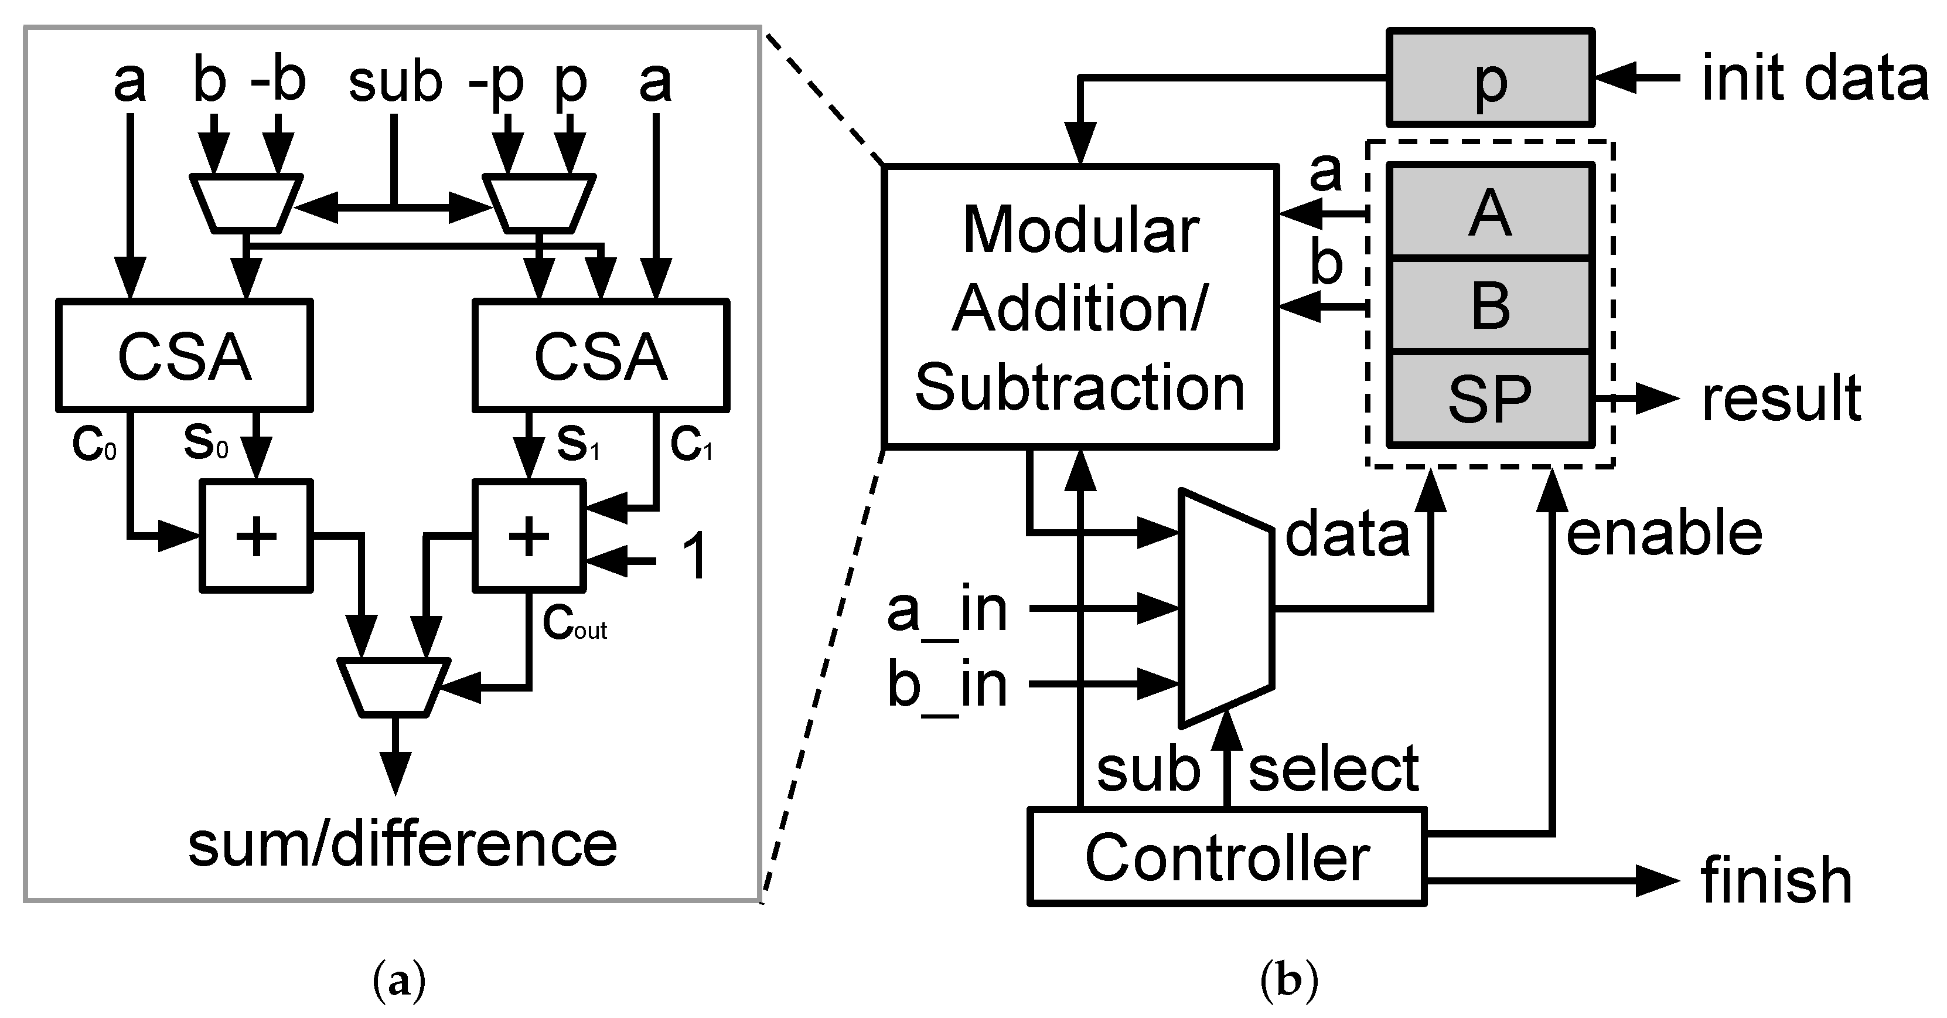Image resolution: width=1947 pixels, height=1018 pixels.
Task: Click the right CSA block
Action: coord(601,356)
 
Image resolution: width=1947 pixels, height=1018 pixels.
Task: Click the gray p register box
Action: coord(1490,77)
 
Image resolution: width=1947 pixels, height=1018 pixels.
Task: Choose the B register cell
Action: coord(1490,306)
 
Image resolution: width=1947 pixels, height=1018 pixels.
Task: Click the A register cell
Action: coord(1490,213)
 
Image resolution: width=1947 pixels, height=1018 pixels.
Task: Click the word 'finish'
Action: coord(1776,880)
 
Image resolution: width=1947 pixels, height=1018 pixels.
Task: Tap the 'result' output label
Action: coord(1780,399)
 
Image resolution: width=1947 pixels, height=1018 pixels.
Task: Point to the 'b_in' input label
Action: coord(947,685)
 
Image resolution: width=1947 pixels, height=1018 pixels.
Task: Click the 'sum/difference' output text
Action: coord(402,845)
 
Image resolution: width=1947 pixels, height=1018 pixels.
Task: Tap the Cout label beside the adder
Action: coord(574,625)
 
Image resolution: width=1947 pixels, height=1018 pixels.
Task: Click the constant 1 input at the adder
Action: coord(694,556)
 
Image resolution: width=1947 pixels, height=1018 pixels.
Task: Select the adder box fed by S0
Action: coord(256,536)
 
